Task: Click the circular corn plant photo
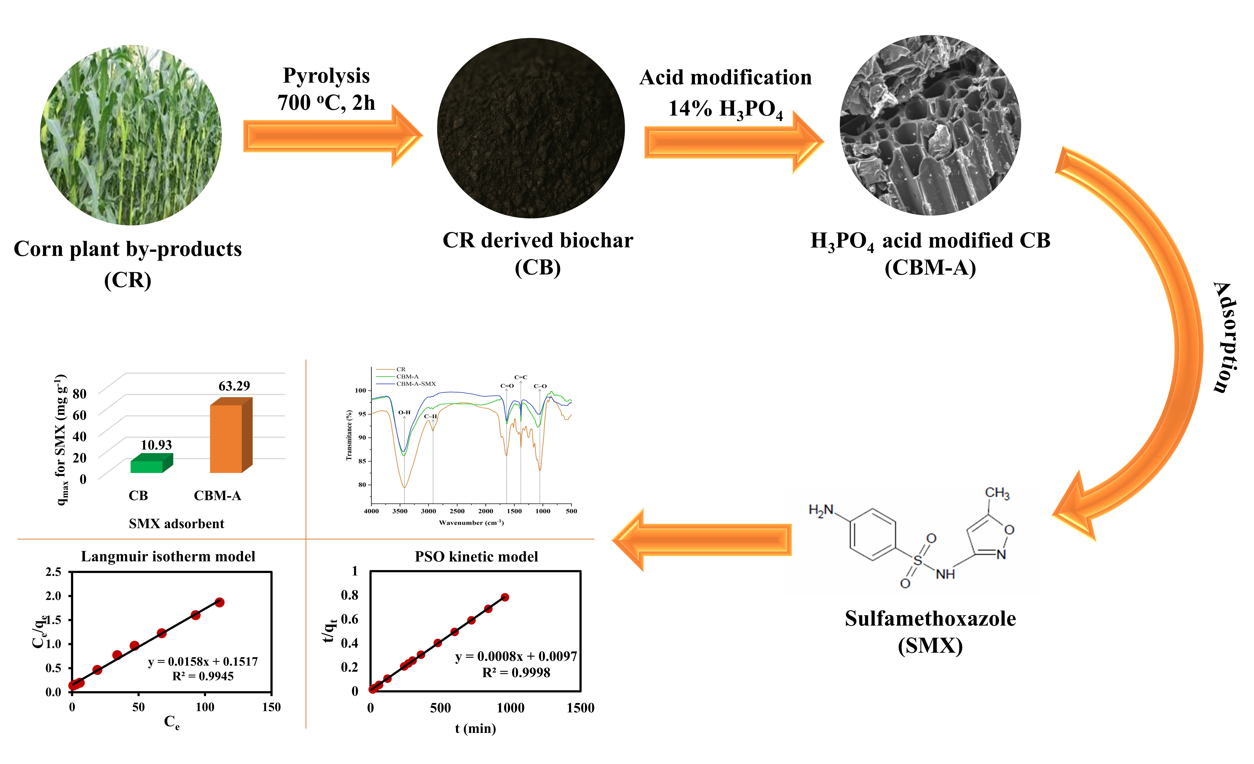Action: (x=131, y=135)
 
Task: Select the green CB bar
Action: (x=148, y=465)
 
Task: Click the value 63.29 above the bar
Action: (x=234, y=386)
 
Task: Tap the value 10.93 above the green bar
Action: (x=156, y=445)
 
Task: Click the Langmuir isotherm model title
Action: (x=168, y=556)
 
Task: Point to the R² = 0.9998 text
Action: (x=516, y=672)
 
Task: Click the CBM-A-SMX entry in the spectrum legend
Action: (x=416, y=384)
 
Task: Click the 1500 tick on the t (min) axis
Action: (x=580, y=708)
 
